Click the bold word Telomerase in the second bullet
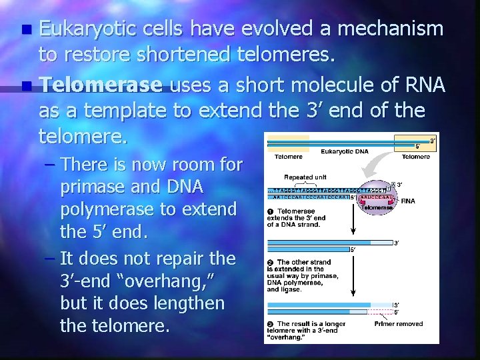tap(102, 86)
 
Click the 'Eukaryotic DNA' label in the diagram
tap(346, 152)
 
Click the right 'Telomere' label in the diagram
tap(416, 157)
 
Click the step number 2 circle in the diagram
tap(271, 263)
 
